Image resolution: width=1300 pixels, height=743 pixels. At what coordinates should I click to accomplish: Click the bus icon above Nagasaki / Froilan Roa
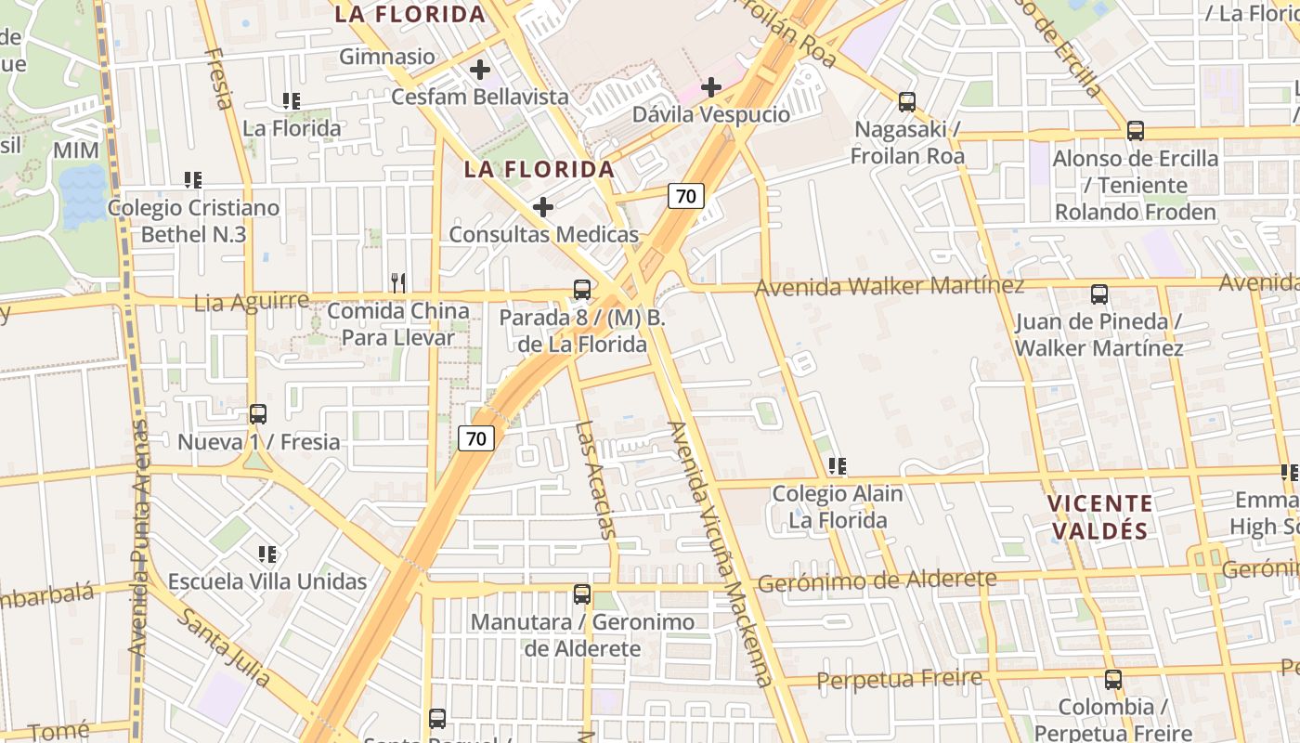coord(907,102)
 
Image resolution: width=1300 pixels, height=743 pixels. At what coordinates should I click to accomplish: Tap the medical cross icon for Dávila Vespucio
coord(711,87)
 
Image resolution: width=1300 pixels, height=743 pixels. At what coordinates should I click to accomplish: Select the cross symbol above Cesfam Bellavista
coord(480,69)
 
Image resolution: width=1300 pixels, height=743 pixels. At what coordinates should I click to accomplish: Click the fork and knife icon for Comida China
coord(398,282)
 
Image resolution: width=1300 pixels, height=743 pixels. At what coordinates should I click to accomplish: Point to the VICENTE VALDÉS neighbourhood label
coord(1100,517)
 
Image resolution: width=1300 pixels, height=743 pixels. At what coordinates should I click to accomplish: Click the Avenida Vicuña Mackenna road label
coord(720,554)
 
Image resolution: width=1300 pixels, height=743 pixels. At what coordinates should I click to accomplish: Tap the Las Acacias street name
coord(596,479)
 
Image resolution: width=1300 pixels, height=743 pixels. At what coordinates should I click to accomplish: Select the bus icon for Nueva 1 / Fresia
coord(258,414)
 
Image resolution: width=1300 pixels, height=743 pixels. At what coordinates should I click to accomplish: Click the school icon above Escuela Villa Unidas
coord(267,554)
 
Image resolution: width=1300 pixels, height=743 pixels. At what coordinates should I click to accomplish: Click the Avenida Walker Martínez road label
coord(890,286)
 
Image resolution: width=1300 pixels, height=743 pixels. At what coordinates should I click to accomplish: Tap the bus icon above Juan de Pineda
coord(1099,294)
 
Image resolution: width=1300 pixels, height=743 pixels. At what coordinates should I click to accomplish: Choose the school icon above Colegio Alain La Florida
coord(838,466)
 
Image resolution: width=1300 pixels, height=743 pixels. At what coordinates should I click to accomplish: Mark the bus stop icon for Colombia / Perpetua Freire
coord(1113,680)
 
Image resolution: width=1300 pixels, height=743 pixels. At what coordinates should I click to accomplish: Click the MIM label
coord(76,150)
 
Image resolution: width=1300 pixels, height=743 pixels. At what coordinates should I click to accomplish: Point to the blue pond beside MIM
coord(84,196)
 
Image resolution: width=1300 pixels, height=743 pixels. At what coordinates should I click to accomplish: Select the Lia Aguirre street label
coord(251,302)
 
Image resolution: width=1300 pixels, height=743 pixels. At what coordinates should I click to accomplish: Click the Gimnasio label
coord(387,57)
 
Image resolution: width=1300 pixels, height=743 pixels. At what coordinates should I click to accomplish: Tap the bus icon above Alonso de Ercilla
coord(1136,131)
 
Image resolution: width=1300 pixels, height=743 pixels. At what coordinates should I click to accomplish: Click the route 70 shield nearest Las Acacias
coord(476,438)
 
